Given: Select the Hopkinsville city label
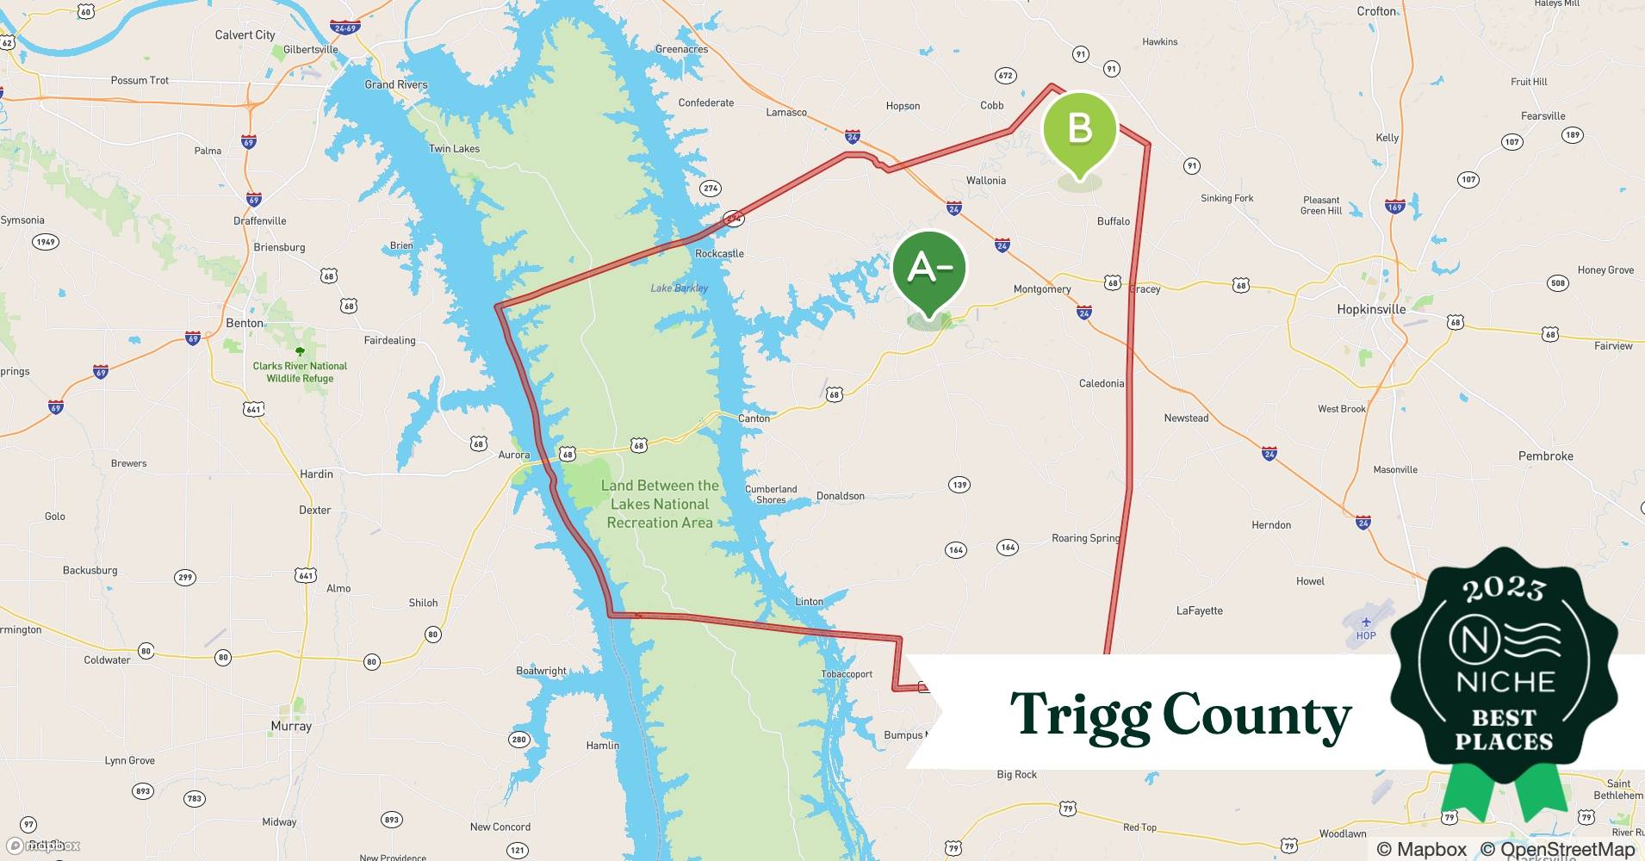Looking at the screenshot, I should pos(1371,309).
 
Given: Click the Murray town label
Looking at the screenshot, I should pos(291,726).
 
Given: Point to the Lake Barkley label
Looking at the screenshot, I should pos(679,288).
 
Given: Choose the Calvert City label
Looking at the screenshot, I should pos(245,34).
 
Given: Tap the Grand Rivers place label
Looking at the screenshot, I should pos(395,84).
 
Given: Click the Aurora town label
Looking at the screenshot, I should pos(514,455).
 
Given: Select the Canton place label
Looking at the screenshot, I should pos(754,418).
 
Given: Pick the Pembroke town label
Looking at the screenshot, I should pos(1545,456).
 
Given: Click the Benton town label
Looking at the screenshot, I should pos(245,323).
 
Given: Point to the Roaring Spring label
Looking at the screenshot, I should pos(1085,538).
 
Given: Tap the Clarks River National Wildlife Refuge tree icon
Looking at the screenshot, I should pos(300,351).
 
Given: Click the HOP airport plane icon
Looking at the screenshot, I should pos(1366,622).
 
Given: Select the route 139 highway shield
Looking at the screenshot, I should pos(959,485).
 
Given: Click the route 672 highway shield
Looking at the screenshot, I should pos(1005,76).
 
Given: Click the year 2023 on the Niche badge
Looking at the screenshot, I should pos(1504,588).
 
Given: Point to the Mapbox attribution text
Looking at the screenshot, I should pos(1421,849).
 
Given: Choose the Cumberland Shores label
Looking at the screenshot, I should pos(771,494).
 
